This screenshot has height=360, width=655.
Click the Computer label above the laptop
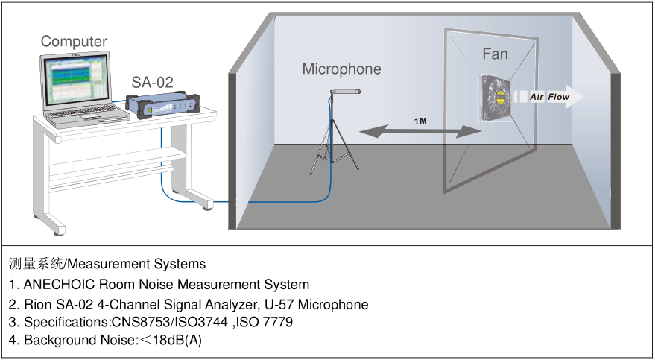pyautogui.click(x=74, y=42)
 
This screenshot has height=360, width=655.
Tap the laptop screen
pyautogui.click(x=75, y=81)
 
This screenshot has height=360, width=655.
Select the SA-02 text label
pyautogui.click(x=153, y=82)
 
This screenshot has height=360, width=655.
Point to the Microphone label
pyautogui.click(x=341, y=69)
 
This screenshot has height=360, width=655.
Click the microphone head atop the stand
pyautogui.click(x=346, y=92)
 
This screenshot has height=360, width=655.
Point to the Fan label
pyautogui.click(x=495, y=54)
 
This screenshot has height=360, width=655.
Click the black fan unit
pyautogui.click(x=497, y=96)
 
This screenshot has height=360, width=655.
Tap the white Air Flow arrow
pyautogui.click(x=548, y=97)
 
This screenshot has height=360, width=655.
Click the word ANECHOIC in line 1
pyautogui.click(x=60, y=284)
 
